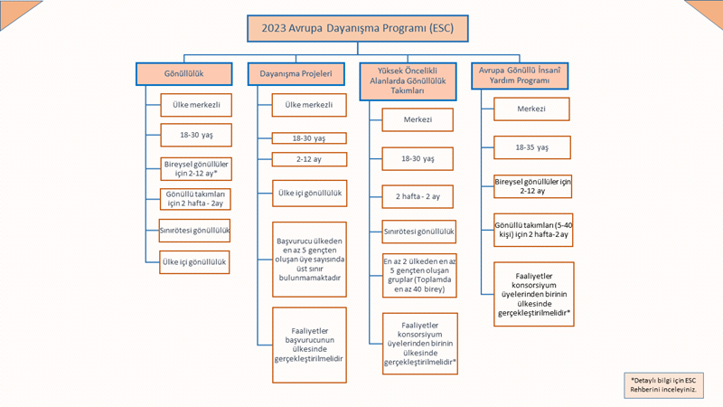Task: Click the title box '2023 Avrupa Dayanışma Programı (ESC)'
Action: pyautogui.click(x=357, y=29)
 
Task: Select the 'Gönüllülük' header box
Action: pyautogui.click(x=184, y=74)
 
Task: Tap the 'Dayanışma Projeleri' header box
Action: pyautogui.click(x=296, y=74)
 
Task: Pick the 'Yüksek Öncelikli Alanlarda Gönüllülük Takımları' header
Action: pyautogui.click(x=408, y=81)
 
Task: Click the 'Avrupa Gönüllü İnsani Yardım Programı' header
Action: pyautogui.click(x=520, y=76)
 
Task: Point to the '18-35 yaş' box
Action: pyautogui.click(x=532, y=147)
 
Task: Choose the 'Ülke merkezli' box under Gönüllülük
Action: pyautogui.click(x=196, y=105)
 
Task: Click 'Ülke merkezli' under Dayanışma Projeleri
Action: pyautogui.click(x=309, y=105)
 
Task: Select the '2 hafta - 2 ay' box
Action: pyautogui.click(x=418, y=196)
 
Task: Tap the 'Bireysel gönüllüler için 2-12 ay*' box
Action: pyautogui.click(x=196, y=169)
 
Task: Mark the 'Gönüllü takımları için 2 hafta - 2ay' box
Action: pyautogui.click(x=195, y=199)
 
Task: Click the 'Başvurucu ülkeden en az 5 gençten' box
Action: pyautogui.click(x=309, y=260)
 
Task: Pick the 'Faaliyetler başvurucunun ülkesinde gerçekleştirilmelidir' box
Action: pyautogui.click(x=309, y=345)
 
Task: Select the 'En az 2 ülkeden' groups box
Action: pyautogui.click(x=419, y=276)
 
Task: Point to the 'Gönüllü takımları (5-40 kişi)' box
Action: pyautogui.click(x=533, y=230)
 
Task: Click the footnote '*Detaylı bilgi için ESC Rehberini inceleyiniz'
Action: pyautogui.click(x=663, y=385)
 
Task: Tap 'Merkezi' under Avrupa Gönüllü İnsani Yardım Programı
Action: pyautogui.click(x=531, y=109)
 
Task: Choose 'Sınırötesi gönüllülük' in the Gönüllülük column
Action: pyautogui.click(x=194, y=231)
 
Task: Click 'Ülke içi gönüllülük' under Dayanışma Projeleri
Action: pyautogui.click(x=309, y=194)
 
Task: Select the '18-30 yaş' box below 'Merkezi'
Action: pyautogui.click(x=418, y=159)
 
